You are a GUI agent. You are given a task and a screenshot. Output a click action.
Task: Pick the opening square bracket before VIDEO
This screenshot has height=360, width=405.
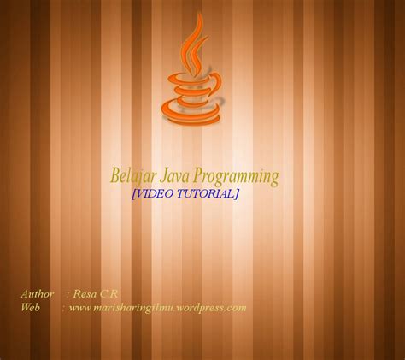pyautogui.click(x=132, y=194)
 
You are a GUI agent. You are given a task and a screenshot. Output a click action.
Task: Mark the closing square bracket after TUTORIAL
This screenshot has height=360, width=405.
pyautogui.click(x=238, y=194)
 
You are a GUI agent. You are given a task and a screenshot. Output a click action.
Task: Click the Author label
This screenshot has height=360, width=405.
pyautogui.click(x=38, y=293)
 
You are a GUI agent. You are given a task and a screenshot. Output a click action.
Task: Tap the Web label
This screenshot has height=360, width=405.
pyautogui.click(x=31, y=306)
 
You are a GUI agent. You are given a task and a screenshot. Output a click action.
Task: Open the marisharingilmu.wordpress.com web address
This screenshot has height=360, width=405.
pyautogui.click(x=158, y=306)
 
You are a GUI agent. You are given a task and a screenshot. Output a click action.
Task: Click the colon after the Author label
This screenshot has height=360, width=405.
pyautogui.click(x=67, y=293)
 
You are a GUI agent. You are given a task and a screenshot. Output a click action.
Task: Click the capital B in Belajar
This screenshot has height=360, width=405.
pyautogui.click(x=116, y=177)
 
